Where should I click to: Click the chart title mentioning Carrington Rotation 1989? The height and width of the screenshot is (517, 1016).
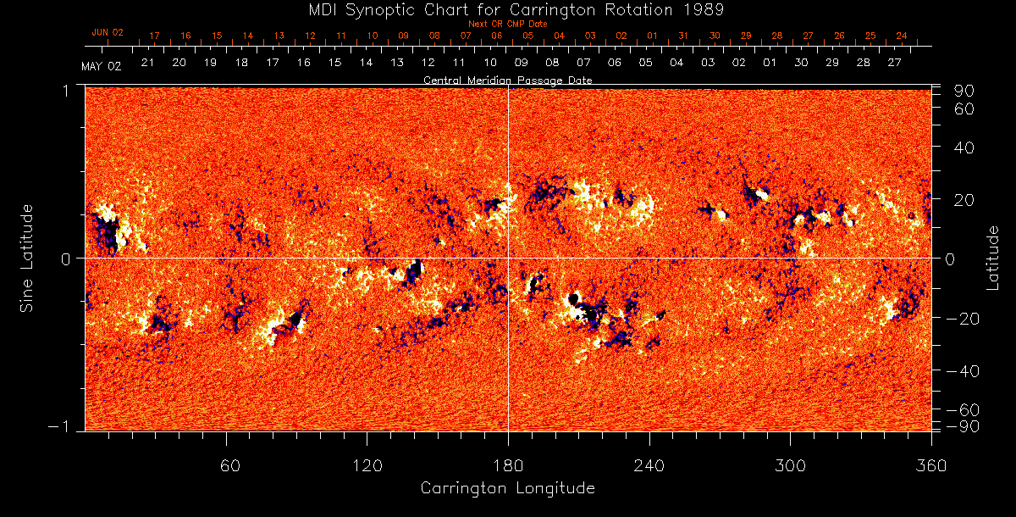(x=507, y=9)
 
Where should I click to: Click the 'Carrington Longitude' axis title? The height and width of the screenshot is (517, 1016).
(x=507, y=488)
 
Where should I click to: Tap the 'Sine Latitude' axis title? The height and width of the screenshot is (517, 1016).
(x=27, y=258)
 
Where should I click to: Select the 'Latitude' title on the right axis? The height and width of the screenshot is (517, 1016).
(x=993, y=258)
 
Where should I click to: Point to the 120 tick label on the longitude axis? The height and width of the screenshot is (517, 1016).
(x=367, y=465)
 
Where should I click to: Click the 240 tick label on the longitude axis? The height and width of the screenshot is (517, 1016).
(x=649, y=465)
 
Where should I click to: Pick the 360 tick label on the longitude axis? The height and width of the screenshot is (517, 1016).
(x=930, y=465)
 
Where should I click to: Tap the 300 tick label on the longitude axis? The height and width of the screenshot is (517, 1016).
(x=790, y=465)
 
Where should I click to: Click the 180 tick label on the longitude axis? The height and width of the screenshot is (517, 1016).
(x=508, y=465)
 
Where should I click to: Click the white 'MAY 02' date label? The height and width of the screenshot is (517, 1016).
(x=102, y=66)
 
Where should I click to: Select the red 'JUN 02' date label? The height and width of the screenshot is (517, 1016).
(x=108, y=32)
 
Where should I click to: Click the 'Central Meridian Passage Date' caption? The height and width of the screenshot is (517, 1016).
(x=507, y=80)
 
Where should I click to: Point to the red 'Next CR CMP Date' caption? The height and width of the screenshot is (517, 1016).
(x=507, y=24)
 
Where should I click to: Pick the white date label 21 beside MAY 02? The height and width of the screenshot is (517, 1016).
(x=147, y=63)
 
